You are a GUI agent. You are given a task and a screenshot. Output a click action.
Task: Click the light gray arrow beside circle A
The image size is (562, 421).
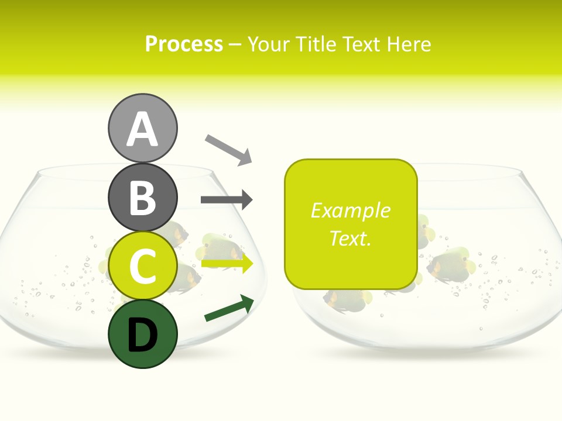(x=228, y=149)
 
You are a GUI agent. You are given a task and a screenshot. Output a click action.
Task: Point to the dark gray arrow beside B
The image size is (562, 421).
(x=227, y=200)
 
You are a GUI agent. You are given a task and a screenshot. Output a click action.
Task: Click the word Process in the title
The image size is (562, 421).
(x=184, y=44)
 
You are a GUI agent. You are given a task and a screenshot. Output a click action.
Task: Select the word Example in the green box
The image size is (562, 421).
(x=350, y=210)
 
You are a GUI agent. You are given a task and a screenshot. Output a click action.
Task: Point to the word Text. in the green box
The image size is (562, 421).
(x=350, y=238)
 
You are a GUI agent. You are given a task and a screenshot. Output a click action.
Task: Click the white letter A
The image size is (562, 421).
(x=142, y=129)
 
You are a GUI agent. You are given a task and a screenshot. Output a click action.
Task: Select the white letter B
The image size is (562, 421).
(x=142, y=198)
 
